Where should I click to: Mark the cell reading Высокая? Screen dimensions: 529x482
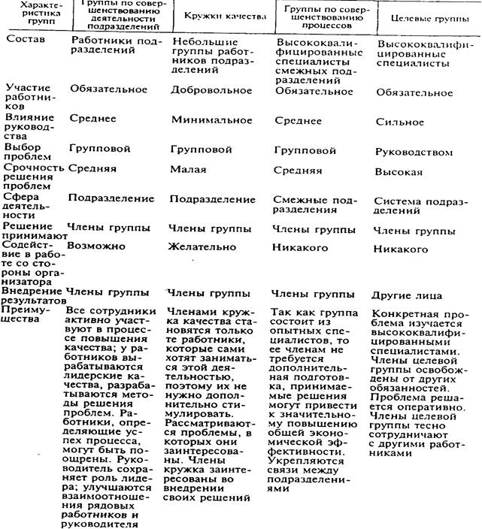coord(399,171)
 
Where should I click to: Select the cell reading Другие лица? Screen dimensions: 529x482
coord(407,295)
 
